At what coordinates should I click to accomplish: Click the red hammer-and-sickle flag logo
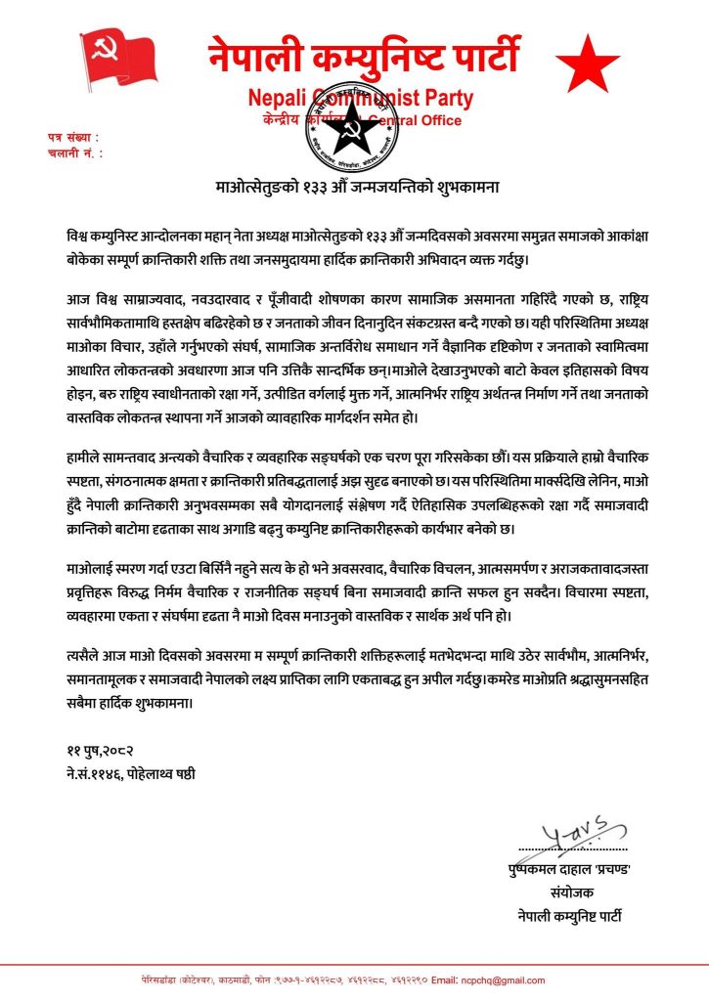point(116,60)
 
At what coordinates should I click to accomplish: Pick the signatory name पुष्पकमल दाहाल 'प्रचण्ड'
point(559,872)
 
